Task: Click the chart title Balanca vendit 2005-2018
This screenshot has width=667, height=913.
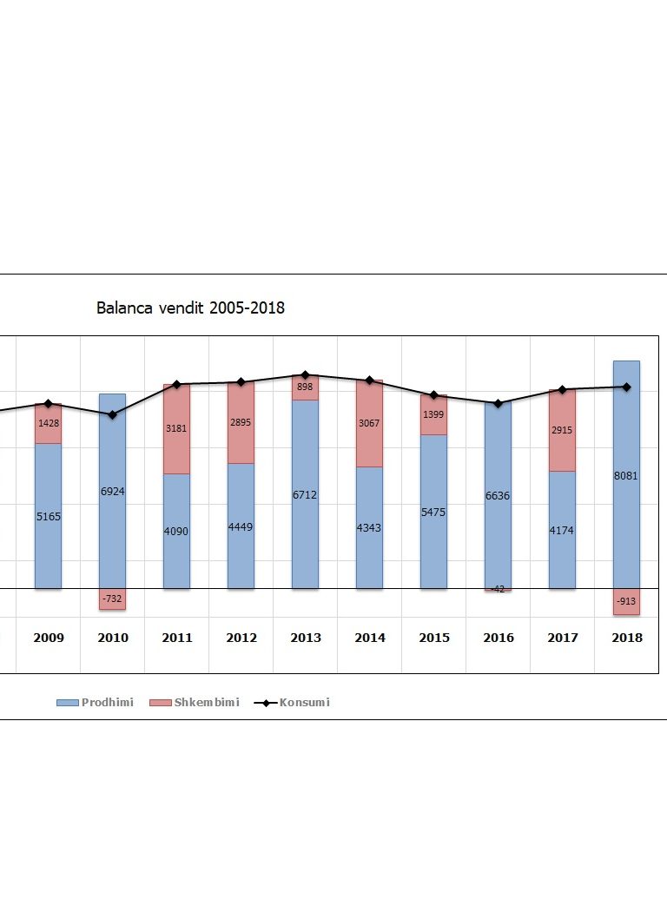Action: [x=190, y=308]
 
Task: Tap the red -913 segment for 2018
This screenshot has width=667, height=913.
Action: [x=626, y=601]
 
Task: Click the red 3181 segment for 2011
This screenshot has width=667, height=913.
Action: [x=176, y=429]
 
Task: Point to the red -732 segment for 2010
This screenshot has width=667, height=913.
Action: [x=112, y=599]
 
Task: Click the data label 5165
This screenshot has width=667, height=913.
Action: [x=49, y=517]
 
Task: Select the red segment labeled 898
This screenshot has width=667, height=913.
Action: [x=305, y=387]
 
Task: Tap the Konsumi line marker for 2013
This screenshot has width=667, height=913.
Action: [x=305, y=375]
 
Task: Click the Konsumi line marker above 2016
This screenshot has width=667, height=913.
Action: [x=498, y=404]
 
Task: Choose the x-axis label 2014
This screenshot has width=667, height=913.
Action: [x=370, y=638]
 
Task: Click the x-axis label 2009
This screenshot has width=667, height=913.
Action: [x=49, y=638]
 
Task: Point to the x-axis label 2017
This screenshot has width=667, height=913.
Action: [x=563, y=638]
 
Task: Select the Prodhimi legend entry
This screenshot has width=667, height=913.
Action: [x=96, y=702]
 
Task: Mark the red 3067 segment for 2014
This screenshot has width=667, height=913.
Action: [x=369, y=424]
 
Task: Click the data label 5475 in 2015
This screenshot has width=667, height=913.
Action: [x=433, y=513]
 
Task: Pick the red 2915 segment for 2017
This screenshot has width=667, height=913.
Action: [x=562, y=431]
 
